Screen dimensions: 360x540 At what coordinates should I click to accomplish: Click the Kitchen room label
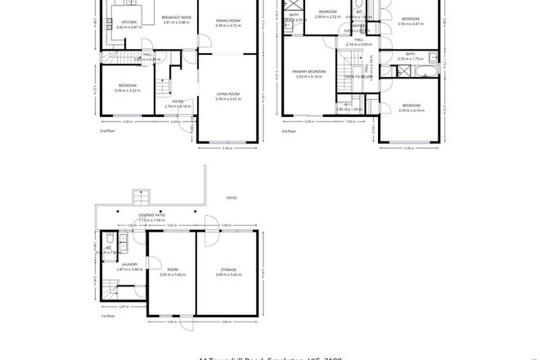[x=129, y=22]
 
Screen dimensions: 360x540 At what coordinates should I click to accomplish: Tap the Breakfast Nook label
[x=177, y=17]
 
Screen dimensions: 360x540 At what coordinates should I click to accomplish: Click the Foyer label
[x=178, y=101]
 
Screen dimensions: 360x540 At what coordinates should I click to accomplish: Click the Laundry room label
[x=130, y=264]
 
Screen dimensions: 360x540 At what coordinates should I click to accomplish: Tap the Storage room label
[x=228, y=269]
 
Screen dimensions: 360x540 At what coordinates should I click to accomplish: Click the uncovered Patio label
[x=232, y=197]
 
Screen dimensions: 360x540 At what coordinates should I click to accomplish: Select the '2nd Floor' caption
[x=107, y=130]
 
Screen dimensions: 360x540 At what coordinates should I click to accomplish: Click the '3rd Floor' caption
[x=288, y=130]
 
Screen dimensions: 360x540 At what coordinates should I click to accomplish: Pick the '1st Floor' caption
[x=107, y=314]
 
